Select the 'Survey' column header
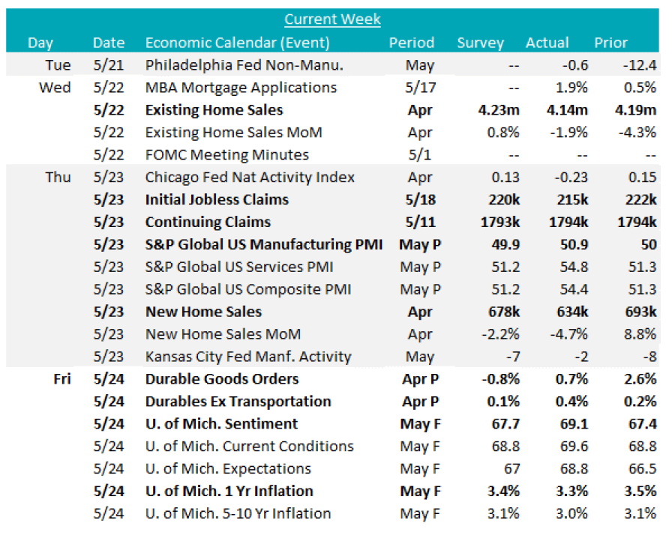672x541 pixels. (x=481, y=43)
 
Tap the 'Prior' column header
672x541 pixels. (x=610, y=43)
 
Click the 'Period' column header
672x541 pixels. (x=411, y=43)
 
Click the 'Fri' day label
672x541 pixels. (x=61, y=379)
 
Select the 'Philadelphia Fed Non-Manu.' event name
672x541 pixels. (x=244, y=65)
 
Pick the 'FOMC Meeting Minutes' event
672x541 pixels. (x=226, y=155)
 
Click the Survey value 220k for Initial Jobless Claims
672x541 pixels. (x=501, y=200)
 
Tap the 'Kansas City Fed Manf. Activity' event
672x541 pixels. (x=248, y=357)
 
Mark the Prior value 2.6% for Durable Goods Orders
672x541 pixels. (x=640, y=379)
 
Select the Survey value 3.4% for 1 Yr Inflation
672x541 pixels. (x=502, y=492)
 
